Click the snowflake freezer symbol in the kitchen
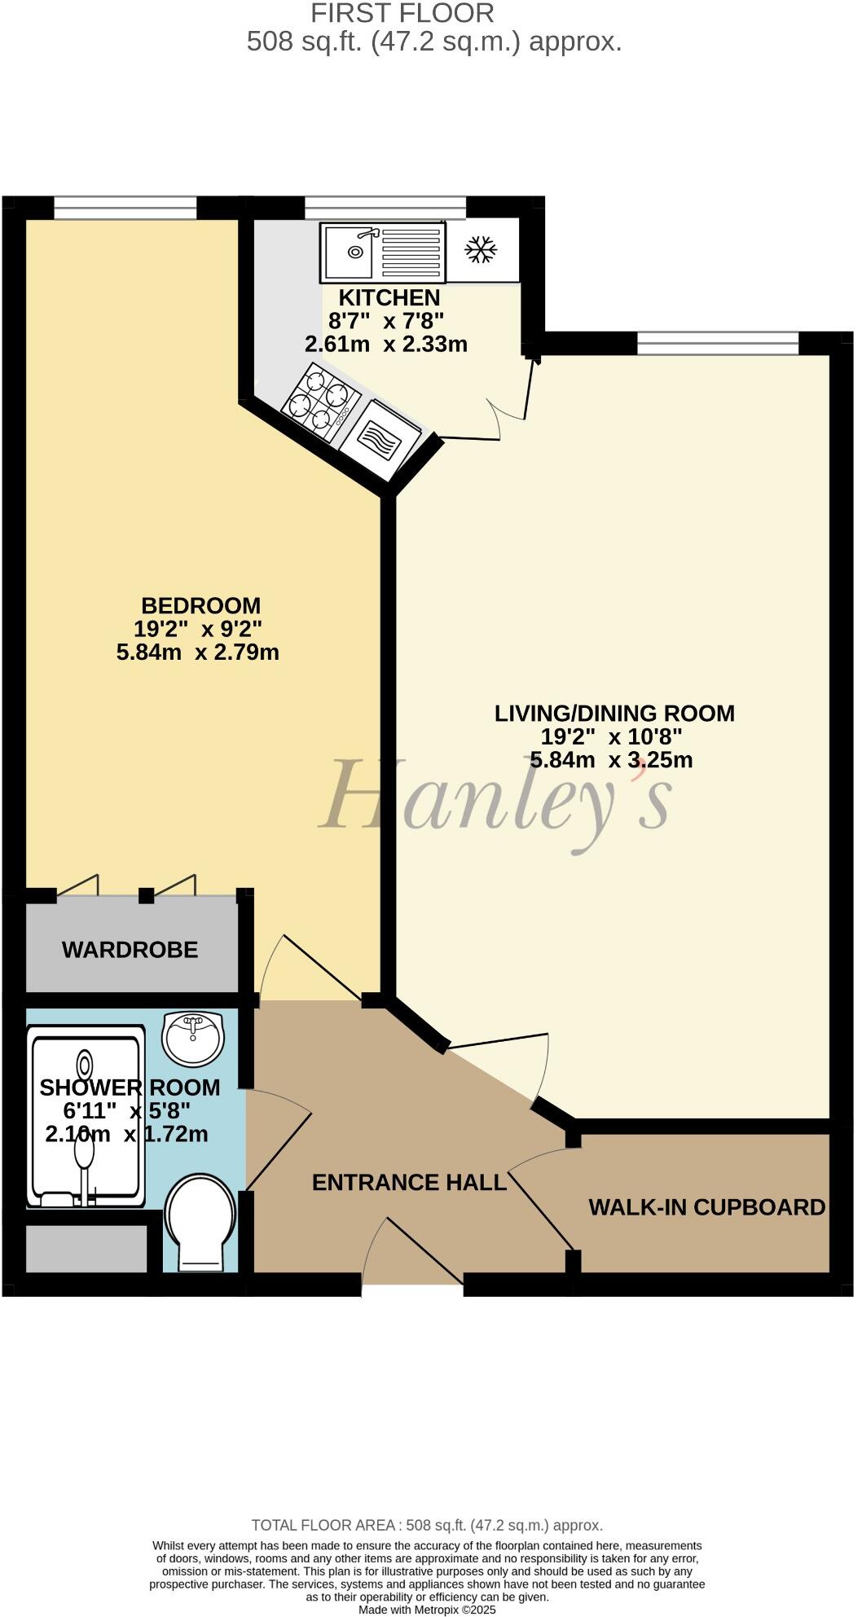(481, 249)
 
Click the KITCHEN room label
(389, 298)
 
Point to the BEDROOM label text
(201, 606)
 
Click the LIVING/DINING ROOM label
(614, 714)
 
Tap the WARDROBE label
(130, 950)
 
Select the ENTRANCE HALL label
(409, 1182)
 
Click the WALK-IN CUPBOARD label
(707, 1207)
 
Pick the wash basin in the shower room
(193, 1038)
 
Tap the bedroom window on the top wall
(125, 208)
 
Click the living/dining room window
(718, 344)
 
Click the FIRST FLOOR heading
(402, 13)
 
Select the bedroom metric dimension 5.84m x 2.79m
(198, 653)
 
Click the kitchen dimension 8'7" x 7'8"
(386, 321)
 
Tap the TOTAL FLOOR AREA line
(427, 1525)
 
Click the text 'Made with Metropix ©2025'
(427, 1610)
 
